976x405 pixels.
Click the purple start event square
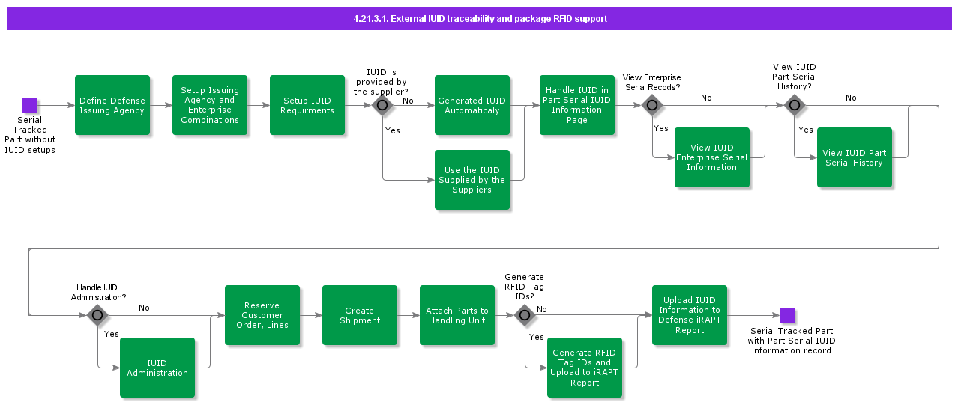click(x=30, y=105)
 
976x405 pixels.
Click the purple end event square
click(x=786, y=315)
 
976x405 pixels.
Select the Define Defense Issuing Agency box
click(x=112, y=105)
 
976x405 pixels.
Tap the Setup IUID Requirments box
click(x=307, y=105)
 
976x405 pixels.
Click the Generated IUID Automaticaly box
click(x=472, y=105)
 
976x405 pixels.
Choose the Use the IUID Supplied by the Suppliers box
click(x=472, y=180)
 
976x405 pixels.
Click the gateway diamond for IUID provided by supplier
click(x=382, y=105)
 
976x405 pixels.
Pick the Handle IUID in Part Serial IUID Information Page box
click(x=577, y=105)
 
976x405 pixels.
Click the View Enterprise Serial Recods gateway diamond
click(x=652, y=105)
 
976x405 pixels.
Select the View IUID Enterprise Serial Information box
click(x=712, y=157)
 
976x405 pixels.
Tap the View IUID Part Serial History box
click(x=855, y=157)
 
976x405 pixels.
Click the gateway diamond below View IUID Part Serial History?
click(x=795, y=105)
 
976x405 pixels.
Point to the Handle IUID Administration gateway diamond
click(x=97, y=315)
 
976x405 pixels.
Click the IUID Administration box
click(x=157, y=367)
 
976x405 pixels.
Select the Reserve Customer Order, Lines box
click(x=262, y=315)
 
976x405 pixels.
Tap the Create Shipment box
click(x=360, y=315)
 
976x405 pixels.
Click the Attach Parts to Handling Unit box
click(x=457, y=315)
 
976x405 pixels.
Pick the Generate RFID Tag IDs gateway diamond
click(x=525, y=315)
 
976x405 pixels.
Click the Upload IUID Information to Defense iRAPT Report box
click(x=690, y=315)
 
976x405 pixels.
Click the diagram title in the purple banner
click(x=480, y=19)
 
